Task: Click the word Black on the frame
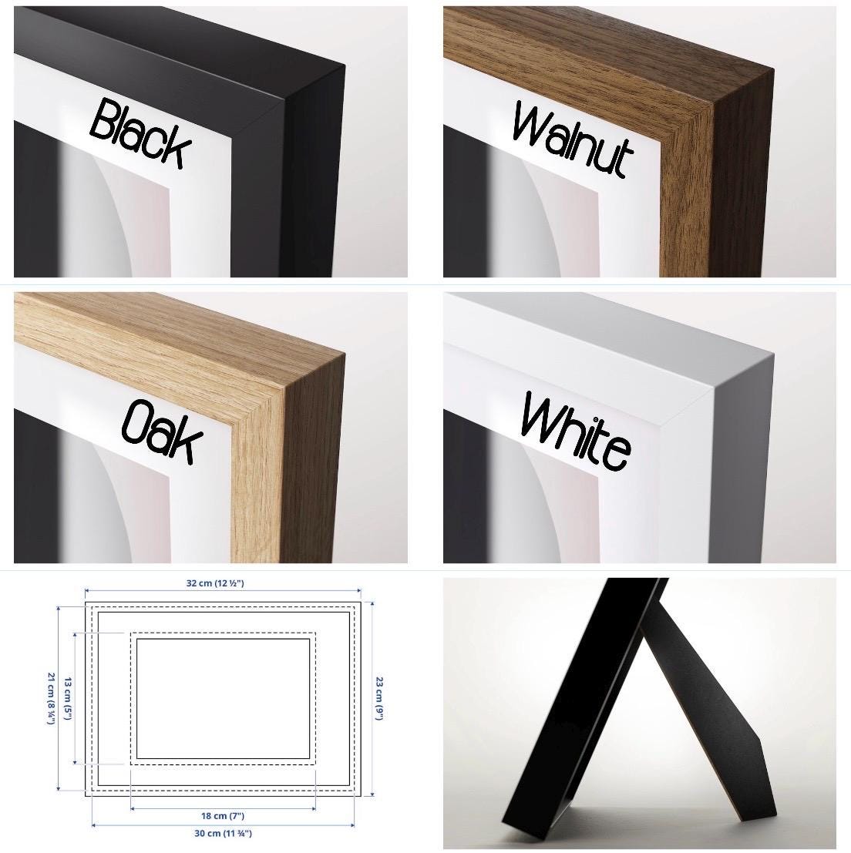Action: coord(140,134)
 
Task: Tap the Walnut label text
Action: coord(573,140)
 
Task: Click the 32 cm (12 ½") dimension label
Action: coord(215,583)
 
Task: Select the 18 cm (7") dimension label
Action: coord(223,816)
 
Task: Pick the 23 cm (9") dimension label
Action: coord(379,698)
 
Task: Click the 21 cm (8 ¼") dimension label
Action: coord(52,698)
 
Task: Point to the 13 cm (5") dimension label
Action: coord(68,698)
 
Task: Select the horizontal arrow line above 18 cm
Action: coord(223,808)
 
